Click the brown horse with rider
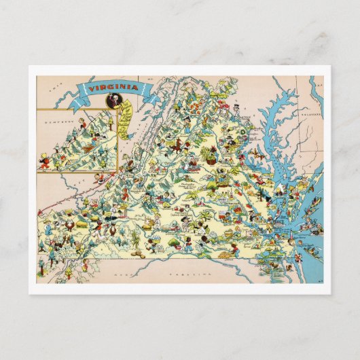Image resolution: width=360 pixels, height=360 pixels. (179, 145)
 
